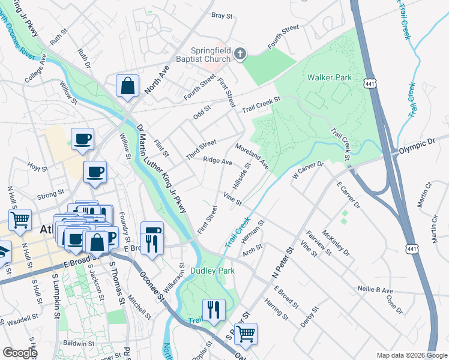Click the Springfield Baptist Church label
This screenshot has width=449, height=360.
[210, 55]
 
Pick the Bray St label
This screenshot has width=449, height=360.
[221, 16]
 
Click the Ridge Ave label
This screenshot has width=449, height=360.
[217, 161]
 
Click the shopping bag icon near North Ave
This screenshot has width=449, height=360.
[128, 86]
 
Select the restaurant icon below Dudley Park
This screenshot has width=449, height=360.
[213, 310]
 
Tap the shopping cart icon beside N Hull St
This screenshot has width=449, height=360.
[20, 220]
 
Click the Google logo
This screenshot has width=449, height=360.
[20, 353]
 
